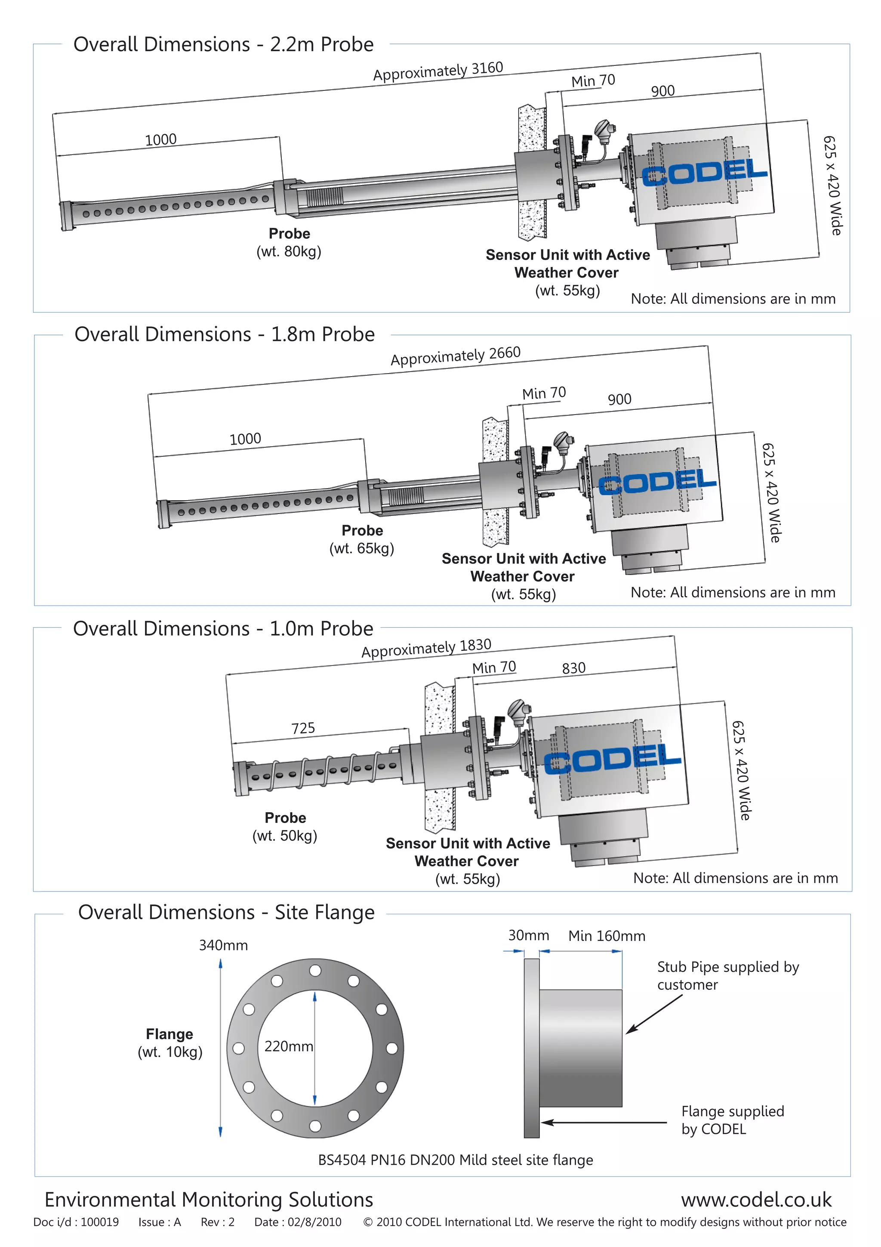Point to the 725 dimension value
coord(303,728)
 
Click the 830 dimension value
coord(574,668)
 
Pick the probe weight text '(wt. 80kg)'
coord(289,251)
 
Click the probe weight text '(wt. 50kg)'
coord(284,835)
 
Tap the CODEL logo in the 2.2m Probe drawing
coord(705,173)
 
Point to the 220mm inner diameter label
coord(288,1046)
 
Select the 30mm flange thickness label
coord(528,935)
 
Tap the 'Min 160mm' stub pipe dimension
coord(606,936)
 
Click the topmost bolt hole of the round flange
coord(315,970)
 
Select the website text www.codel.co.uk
coord(756,1199)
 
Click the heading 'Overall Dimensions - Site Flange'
coord(226,913)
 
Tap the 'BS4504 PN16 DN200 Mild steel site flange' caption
coord(456,1160)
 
